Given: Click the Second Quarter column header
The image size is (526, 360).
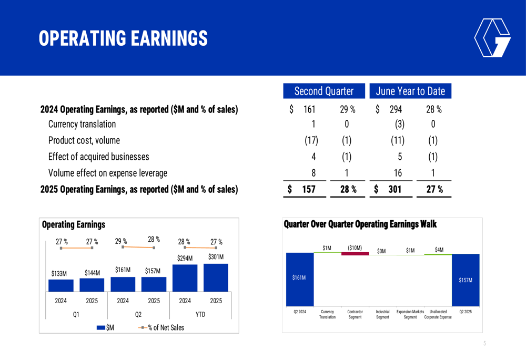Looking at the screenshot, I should pos(323,91).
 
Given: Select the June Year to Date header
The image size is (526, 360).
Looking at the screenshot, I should pos(410,91).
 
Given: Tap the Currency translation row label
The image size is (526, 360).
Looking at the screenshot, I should pos(82,125).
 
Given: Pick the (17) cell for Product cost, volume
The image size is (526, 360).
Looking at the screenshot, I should pos(311,141).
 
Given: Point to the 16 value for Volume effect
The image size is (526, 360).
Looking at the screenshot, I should pos(398,173).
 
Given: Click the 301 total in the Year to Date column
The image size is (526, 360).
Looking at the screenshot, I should pos(394,189).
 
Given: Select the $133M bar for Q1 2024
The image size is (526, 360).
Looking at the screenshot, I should pos(61,285).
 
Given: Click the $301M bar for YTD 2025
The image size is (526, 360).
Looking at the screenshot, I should pos(216,277).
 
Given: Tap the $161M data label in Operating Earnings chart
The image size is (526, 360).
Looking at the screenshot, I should pos(123,270).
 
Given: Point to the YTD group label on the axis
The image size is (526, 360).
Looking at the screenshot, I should pos(200,314).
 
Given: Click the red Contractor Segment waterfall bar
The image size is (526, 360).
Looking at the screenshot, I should pos(355,254).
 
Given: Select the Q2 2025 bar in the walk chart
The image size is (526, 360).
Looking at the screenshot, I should pos(466,280).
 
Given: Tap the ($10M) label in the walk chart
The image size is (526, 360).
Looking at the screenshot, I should pos(355,247).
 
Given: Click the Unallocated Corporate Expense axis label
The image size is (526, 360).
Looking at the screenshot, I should pos(438,314).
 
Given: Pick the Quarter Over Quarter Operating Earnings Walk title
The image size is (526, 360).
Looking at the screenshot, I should pos(360,224).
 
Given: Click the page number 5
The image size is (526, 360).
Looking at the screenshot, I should pos(484,344).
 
